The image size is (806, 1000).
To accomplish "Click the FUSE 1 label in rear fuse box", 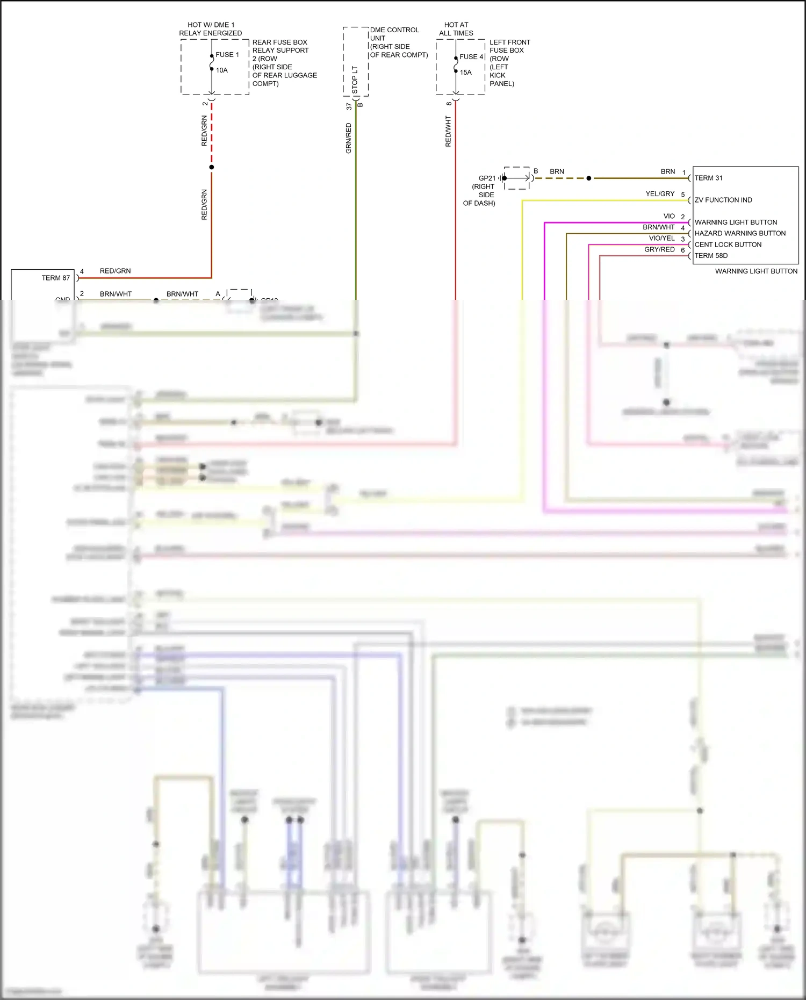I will [227, 55].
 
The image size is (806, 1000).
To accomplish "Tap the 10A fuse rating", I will [222, 70].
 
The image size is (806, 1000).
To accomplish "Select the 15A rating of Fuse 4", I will [465, 73].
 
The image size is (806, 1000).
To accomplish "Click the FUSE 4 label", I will [471, 57].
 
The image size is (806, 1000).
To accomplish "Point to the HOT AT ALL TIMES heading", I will [456, 29].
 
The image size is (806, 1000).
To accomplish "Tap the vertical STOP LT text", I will [355, 80].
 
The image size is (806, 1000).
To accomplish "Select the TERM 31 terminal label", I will [708, 178].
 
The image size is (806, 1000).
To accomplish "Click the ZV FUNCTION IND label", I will [723, 200].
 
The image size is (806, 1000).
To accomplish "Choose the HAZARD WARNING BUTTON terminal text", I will [740, 234].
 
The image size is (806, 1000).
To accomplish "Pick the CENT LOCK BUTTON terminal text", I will [728, 245].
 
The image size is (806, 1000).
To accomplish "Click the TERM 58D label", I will [711, 256].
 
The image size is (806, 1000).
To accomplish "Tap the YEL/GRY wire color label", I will [660, 194].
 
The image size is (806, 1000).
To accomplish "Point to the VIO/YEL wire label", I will [661, 239].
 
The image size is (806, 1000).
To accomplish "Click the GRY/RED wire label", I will [659, 250].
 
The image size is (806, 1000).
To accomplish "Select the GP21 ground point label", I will [487, 178].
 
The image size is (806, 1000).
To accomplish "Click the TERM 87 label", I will [56, 278].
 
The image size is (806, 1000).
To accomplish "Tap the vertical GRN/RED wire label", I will [349, 139].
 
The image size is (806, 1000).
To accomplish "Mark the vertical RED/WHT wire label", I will [449, 132].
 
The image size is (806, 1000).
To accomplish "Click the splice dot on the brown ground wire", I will [589, 178].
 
